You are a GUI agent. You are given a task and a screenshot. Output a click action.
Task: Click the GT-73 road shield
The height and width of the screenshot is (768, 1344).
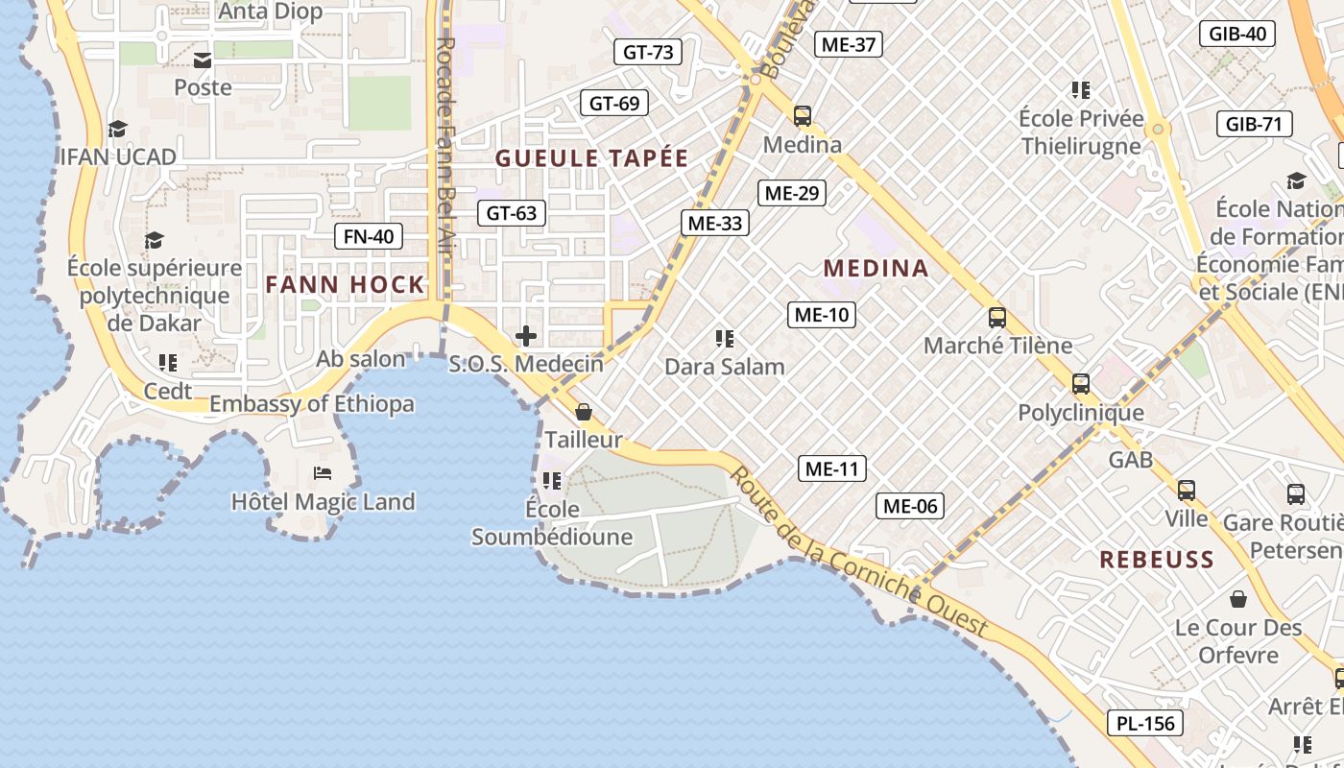click(x=648, y=52)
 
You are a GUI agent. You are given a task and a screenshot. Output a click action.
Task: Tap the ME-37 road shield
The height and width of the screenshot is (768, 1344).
click(x=849, y=44)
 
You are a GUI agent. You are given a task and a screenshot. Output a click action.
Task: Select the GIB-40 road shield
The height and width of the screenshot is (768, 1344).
click(x=1237, y=34)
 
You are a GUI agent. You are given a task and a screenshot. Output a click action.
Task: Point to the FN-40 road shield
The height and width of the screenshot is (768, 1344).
click(x=369, y=236)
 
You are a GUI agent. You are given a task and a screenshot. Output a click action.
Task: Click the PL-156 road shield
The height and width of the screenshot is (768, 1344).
click(x=1146, y=723)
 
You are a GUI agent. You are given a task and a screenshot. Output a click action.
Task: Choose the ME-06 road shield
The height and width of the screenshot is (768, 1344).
click(x=910, y=506)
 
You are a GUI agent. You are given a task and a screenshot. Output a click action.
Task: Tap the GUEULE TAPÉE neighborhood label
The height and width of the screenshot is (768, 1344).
click(x=592, y=158)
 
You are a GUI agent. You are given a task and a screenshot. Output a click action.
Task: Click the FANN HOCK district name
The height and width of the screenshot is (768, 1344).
click(x=345, y=284)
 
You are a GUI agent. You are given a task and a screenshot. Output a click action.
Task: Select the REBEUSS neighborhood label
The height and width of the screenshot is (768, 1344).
click(x=1157, y=560)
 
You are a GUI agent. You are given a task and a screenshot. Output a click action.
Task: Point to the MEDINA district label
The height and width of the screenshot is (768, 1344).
click(x=876, y=268)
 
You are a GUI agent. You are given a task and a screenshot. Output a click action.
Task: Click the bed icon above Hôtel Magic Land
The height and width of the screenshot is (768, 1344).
click(x=323, y=473)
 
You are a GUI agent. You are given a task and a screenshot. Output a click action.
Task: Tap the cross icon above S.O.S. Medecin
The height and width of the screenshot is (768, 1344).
click(x=526, y=336)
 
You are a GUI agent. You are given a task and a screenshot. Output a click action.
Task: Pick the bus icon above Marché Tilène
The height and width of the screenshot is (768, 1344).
click(x=997, y=318)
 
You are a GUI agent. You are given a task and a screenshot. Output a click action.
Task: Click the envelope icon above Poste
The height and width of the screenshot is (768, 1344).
click(x=203, y=60)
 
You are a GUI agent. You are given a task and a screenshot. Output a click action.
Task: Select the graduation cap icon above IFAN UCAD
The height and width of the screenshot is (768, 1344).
click(x=118, y=129)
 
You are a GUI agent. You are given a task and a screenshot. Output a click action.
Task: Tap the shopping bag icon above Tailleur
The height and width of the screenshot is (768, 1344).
click(x=583, y=412)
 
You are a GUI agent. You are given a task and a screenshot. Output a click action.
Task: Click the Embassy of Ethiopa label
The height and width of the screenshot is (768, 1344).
click(x=312, y=404)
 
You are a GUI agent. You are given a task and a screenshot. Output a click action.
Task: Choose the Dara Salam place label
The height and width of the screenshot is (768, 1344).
click(x=725, y=366)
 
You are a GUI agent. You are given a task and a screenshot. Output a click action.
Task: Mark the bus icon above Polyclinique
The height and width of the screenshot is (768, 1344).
click(x=1081, y=384)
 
